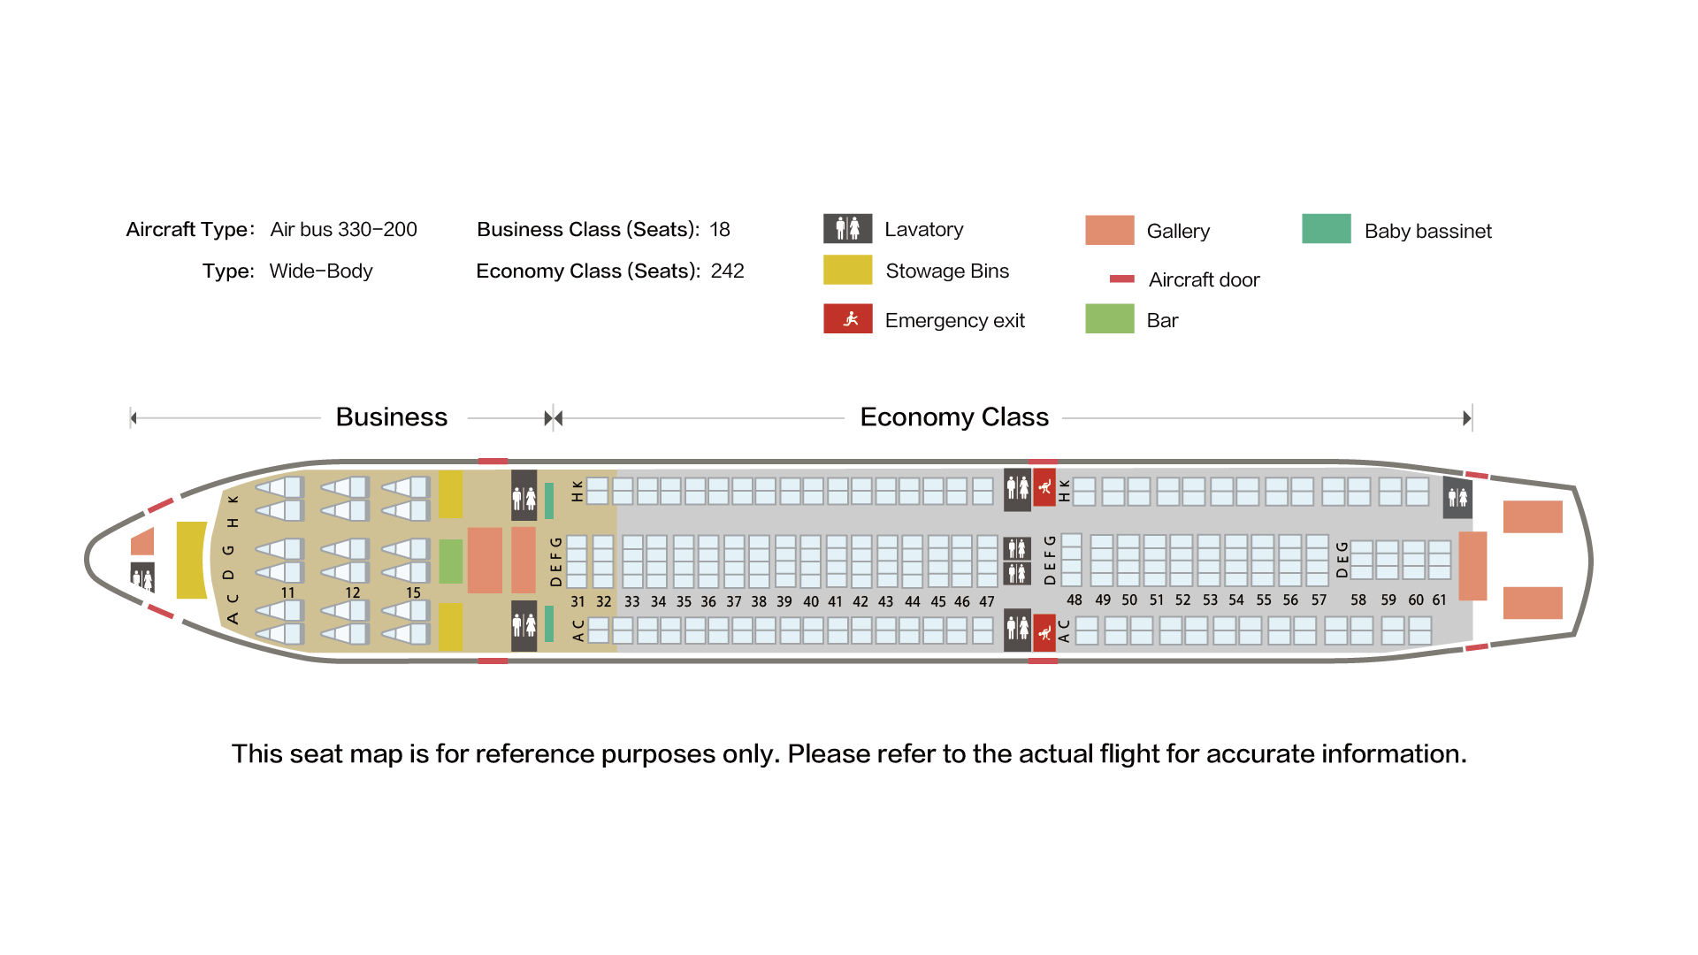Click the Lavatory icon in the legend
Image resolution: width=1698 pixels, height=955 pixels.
[x=847, y=228]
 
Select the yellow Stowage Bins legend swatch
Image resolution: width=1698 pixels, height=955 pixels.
[x=847, y=270]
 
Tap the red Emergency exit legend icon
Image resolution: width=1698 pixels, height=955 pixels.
[x=847, y=318]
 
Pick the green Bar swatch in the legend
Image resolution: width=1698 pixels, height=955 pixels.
[x=1109, y=318]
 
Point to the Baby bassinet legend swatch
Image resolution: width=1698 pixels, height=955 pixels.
[x=1326, y=228]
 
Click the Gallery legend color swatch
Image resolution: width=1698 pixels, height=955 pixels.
[x=1109, y=230]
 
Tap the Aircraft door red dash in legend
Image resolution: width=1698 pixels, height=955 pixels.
[x=1121, y=279]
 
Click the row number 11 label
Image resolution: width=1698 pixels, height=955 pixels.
[x=287, y=592]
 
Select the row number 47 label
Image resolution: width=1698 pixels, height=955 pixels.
[x=987, y=601]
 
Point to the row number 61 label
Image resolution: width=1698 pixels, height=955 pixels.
[x=1439, y=600]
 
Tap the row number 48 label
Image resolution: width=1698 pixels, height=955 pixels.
[x=1074, y=600]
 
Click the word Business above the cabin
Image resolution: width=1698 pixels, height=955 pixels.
[x=392, y=416]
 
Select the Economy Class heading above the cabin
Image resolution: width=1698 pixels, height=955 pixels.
[x=954, y=416]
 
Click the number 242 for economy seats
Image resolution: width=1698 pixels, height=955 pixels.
[x=728, y=271]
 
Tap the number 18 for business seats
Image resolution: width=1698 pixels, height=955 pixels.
[x=720, y=229]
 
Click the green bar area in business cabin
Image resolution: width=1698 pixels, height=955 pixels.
[x=451, y=562]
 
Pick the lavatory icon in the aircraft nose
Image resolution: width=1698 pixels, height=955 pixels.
[x=142, y=577]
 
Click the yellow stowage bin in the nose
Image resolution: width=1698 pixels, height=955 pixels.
[x=191, y=560]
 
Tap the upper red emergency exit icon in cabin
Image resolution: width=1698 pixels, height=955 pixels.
[x=1044, y=487]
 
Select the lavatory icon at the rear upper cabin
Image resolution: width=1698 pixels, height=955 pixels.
[x=1457, y=497]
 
